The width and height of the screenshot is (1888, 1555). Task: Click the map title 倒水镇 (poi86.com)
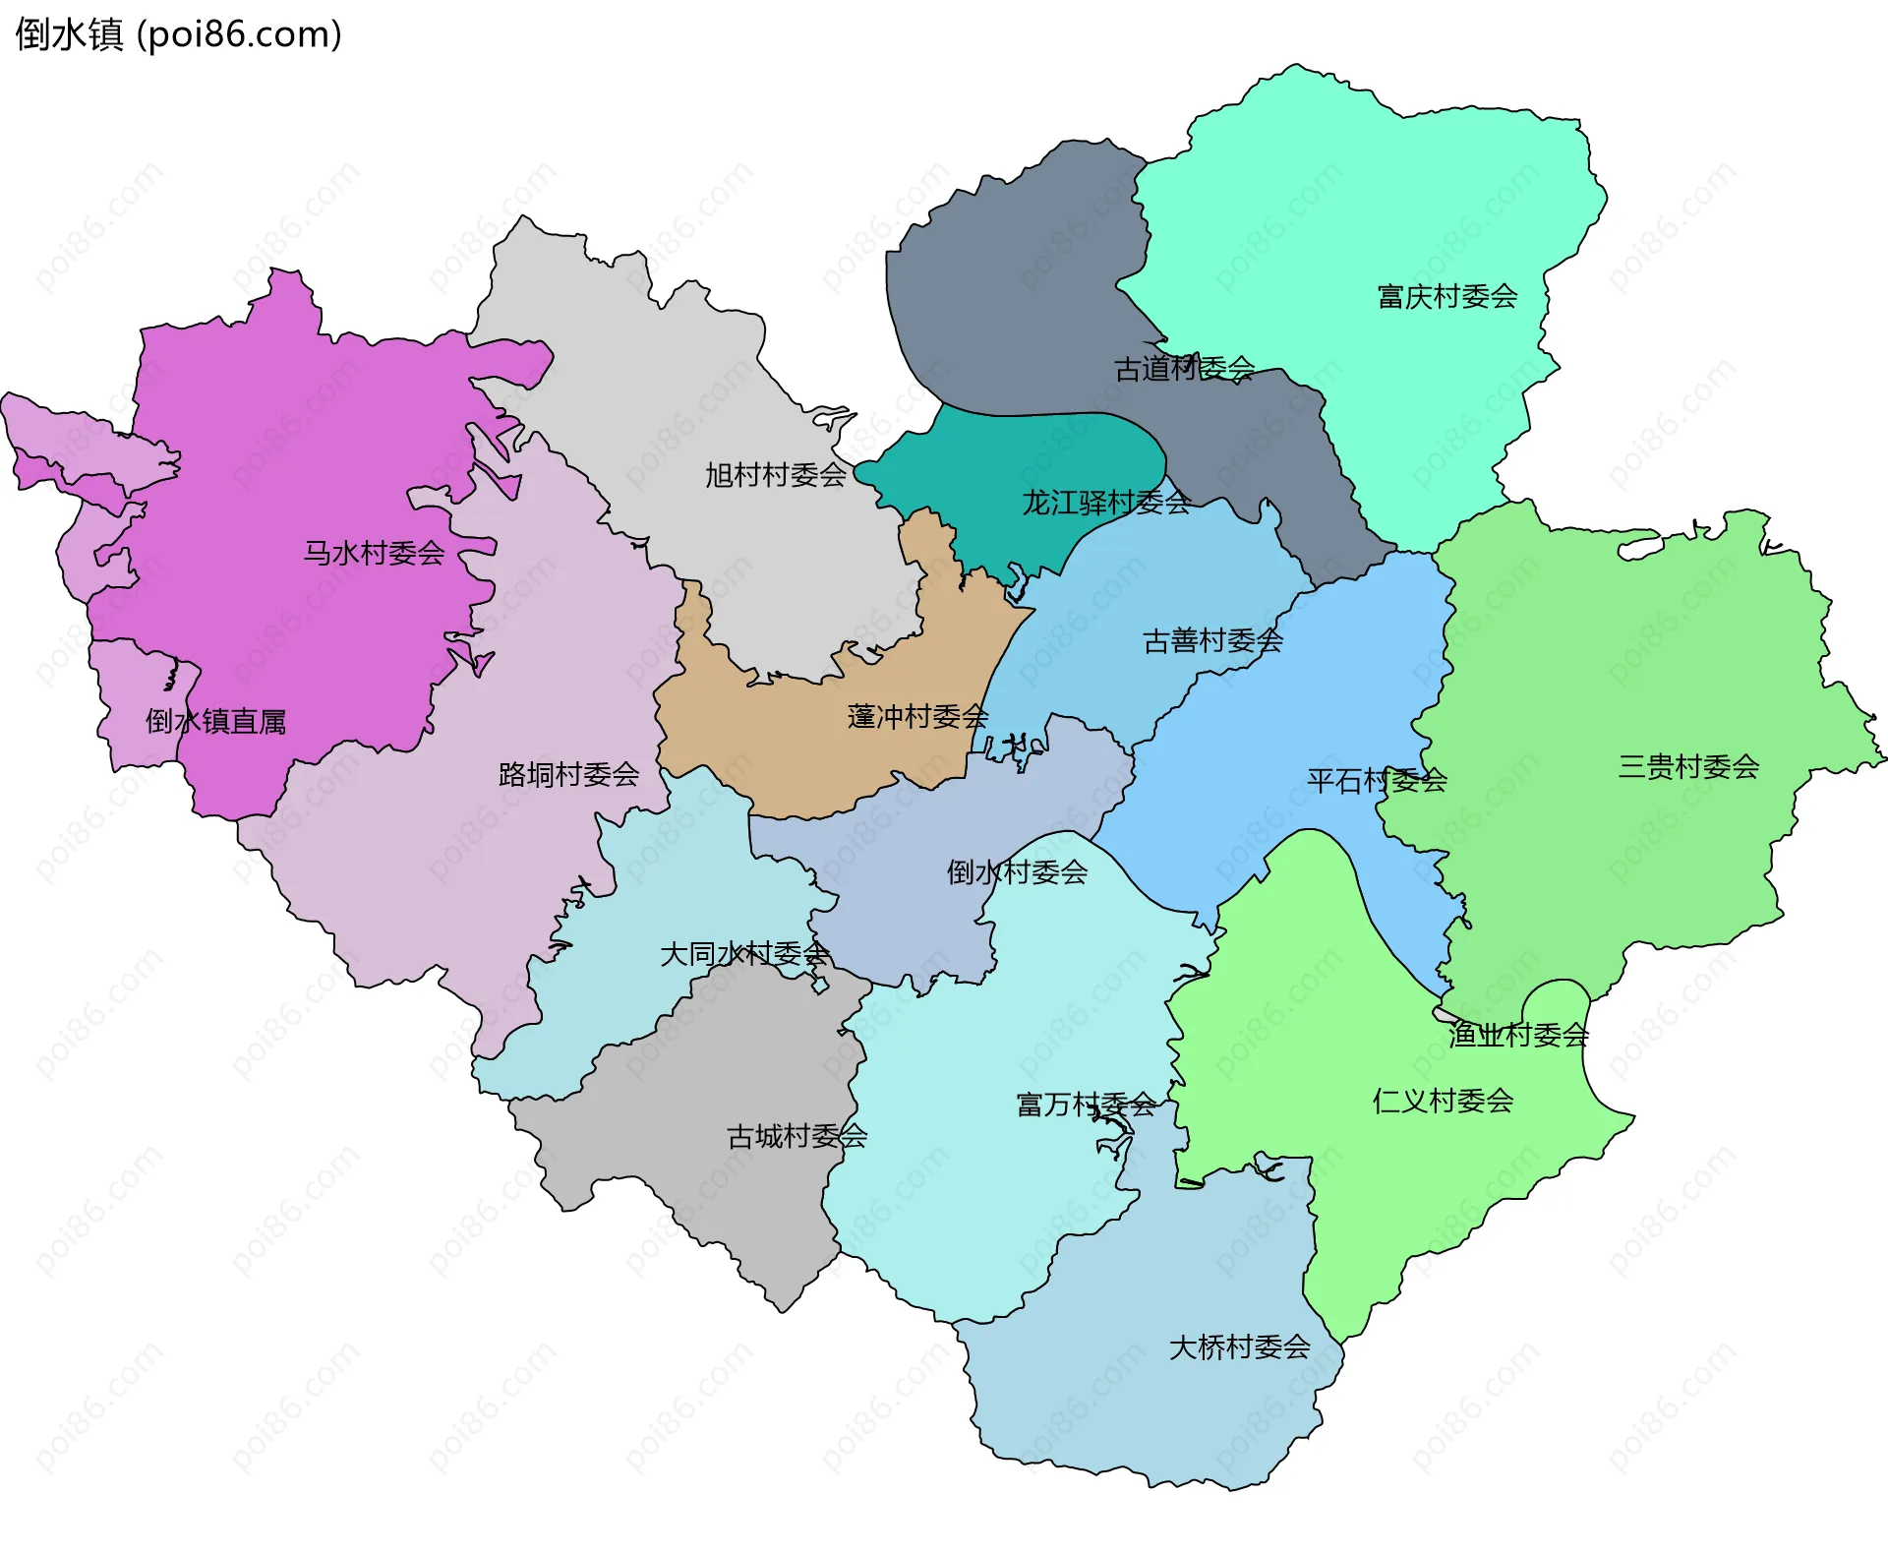click(x=178, y=34)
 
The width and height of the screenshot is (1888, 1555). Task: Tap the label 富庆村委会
click(x=1446, y=296)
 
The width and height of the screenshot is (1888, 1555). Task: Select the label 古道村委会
click(x=1184, y=369)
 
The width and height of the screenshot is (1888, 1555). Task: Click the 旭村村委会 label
click(x=776, y=475)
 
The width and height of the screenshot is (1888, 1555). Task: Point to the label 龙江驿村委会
click(x=1106, y=503)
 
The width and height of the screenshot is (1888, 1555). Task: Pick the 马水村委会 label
click(x=374, y=553)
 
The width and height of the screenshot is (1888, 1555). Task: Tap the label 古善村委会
click(x=1212, y=641)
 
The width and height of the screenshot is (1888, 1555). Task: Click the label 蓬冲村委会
click(x=917, y=716)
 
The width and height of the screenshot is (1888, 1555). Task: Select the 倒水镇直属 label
click(x=216, y=721)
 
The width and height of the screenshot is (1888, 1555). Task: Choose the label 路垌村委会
click(x=568, y=774)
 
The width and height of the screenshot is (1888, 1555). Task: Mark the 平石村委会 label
click(x=1377, y=781)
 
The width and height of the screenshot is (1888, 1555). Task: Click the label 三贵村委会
click(x=1688, y=766)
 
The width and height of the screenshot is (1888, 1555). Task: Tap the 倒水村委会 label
click(x=1017, y=871)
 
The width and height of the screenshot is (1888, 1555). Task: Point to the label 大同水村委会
click(x=744, y=953)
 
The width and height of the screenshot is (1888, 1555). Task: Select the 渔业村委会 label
click(x=1518, y=1034)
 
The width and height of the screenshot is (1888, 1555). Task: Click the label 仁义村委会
click(x=1443, y=1101)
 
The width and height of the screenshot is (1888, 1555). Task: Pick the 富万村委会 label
click(x=1086, y=1105)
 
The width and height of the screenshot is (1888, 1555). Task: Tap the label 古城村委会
click(x=796, y=1136)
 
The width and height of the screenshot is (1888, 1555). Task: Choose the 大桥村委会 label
click(x=1239, y=1346)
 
